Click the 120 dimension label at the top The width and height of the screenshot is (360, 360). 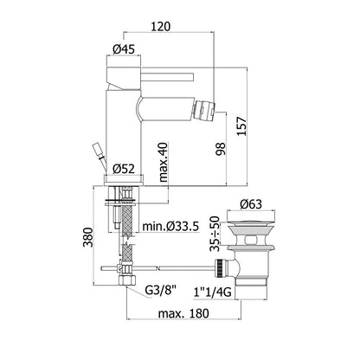click(x=160, y=26)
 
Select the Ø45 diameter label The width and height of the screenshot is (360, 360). click(x=124, y=49)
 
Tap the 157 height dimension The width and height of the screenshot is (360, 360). click(x=241, y=126)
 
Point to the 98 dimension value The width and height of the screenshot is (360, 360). click(x=221, y=149)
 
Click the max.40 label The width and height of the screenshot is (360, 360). click(x=164, y=162)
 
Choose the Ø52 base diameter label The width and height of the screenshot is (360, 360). click(x=124, y=169)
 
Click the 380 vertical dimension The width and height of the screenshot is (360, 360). click(x=88, y=237)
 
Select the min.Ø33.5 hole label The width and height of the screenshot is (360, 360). click(x=170, y=227)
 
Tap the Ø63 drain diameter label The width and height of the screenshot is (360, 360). click(x=251, y=204)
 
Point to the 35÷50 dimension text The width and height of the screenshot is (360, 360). click(x=215, y=234)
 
